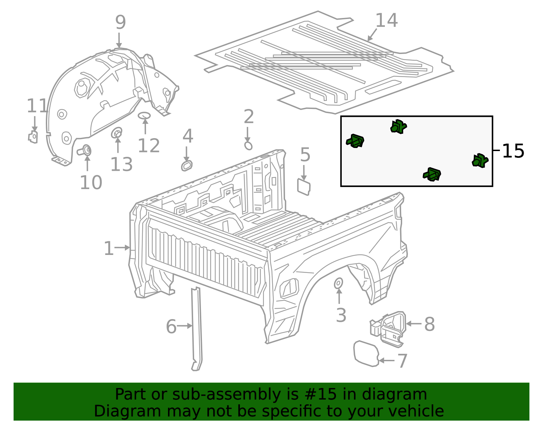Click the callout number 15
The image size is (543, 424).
click(x=513, y=151)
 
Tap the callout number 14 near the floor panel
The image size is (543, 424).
click(x=386, y=21)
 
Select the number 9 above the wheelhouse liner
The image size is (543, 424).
click(x=120, y=22)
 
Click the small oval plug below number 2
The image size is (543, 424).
click(x=248, y=146)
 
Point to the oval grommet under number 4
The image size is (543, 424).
click(x=187, y=166)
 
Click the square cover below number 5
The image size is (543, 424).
click(x=304, y=187)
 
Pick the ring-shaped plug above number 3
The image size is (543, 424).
click(x=338, y=283)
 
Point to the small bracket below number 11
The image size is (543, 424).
click(x=33, y=137)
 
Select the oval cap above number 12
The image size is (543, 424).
click(x=144, y=115)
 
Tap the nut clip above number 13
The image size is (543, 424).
click(x=117, y=133)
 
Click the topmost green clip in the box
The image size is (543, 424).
click(x=398, y=127)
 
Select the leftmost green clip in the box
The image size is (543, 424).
click(x=355, y=141)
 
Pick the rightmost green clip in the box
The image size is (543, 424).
click(x=480, y=161)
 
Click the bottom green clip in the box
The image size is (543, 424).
click(x=432, y=174)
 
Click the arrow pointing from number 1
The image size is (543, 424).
click(x=122, y=248)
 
